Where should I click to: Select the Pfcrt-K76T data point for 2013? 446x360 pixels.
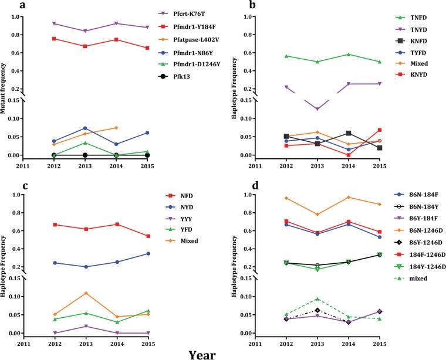coord(85,31)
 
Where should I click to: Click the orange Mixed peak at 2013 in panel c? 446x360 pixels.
coord(85,293)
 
